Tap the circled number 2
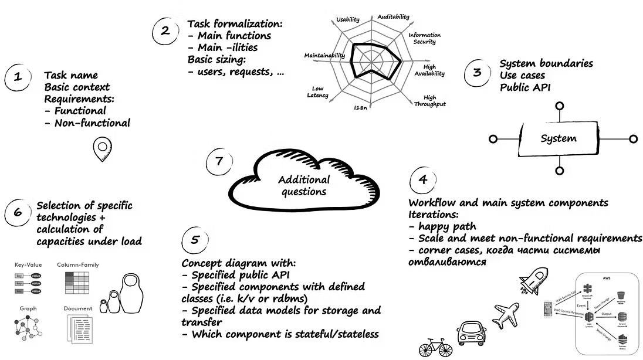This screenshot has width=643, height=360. [165, 31]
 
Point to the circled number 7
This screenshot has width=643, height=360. [219, 161]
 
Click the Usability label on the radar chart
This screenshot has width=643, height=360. [348, 19]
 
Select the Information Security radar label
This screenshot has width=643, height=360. [424, 38]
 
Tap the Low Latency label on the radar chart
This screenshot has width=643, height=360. [317, 91]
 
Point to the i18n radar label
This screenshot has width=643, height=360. [360, 108]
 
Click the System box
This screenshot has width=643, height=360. [559, 139]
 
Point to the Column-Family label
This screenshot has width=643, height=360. [77, 265]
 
